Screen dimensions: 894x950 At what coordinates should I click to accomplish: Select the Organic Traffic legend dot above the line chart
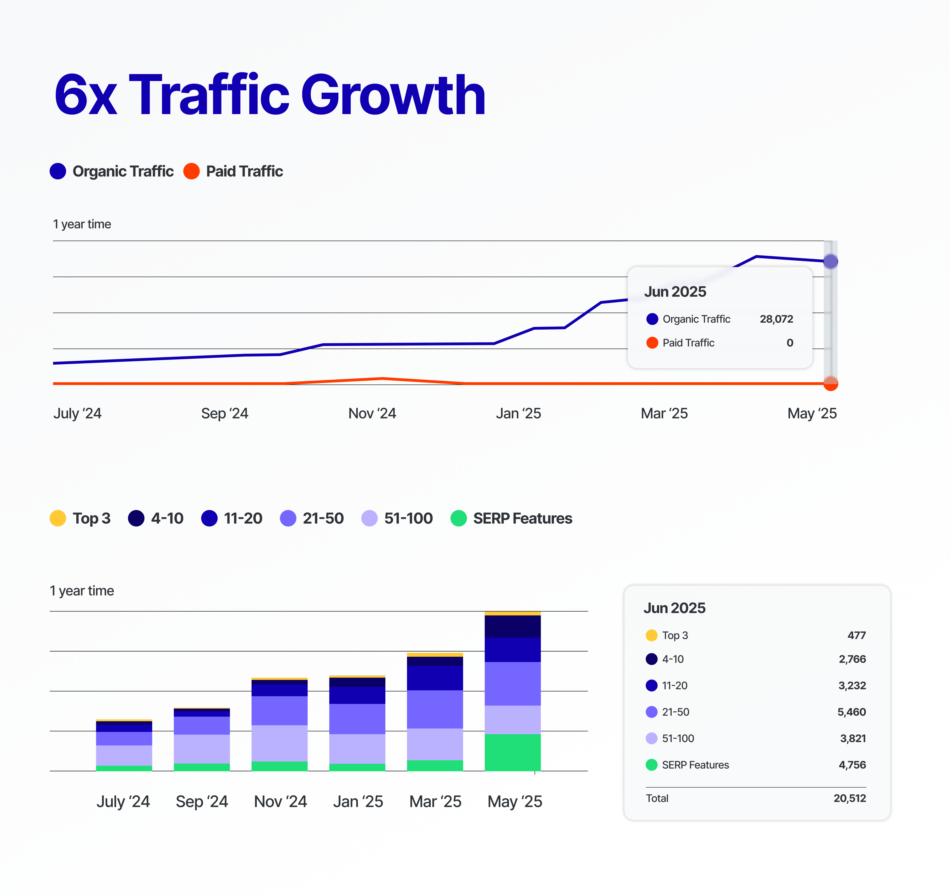point(58,171)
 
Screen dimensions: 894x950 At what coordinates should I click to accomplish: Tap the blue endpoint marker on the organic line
point(830,261)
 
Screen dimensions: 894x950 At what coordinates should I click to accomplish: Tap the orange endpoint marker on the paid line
point(830,383)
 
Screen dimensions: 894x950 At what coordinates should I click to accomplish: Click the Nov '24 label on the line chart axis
point(372,413)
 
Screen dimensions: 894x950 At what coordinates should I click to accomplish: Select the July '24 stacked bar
point(124,745)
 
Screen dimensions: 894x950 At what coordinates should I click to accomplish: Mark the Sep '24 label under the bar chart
point(202,801)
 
